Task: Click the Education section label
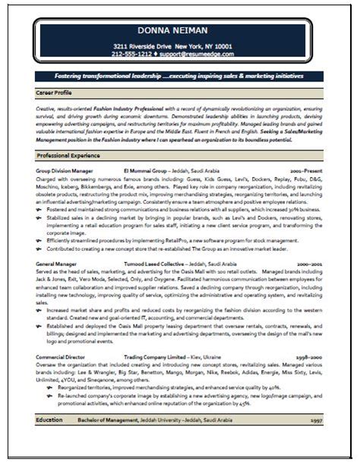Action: (50, 420)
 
